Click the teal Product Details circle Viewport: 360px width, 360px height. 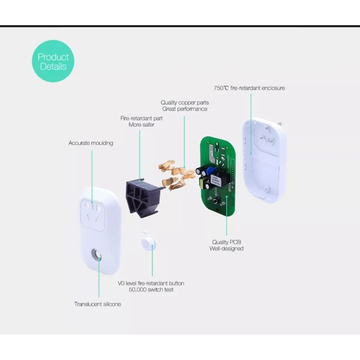pyautogui.click(x=53, y=62)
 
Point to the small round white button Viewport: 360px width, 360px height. pyautogui.click(x=148, y=243)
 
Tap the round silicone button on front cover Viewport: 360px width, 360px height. pyautogui.click(x=96, y=256)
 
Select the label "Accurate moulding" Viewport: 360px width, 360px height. pyautogui.click(x=90, y=143)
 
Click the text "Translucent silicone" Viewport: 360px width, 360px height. pyautogui.click(x=97, y=304)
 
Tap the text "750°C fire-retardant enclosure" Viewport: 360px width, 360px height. pyautogui.click(x=249, y=88)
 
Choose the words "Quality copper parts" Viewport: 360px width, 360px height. pyautogui.click(x=184, y=103)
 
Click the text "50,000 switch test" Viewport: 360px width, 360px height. pyautogui.click(x=151, y=290)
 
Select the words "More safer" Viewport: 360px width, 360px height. pyautogui.click(x=141, y=125)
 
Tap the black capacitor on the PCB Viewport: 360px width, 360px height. pyautogui.click(x=199, y=173)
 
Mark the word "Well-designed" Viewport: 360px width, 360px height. pyautogui.click(x=226, y=248)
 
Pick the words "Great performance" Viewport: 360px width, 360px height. pyautogui.click(x=184, y=109)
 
